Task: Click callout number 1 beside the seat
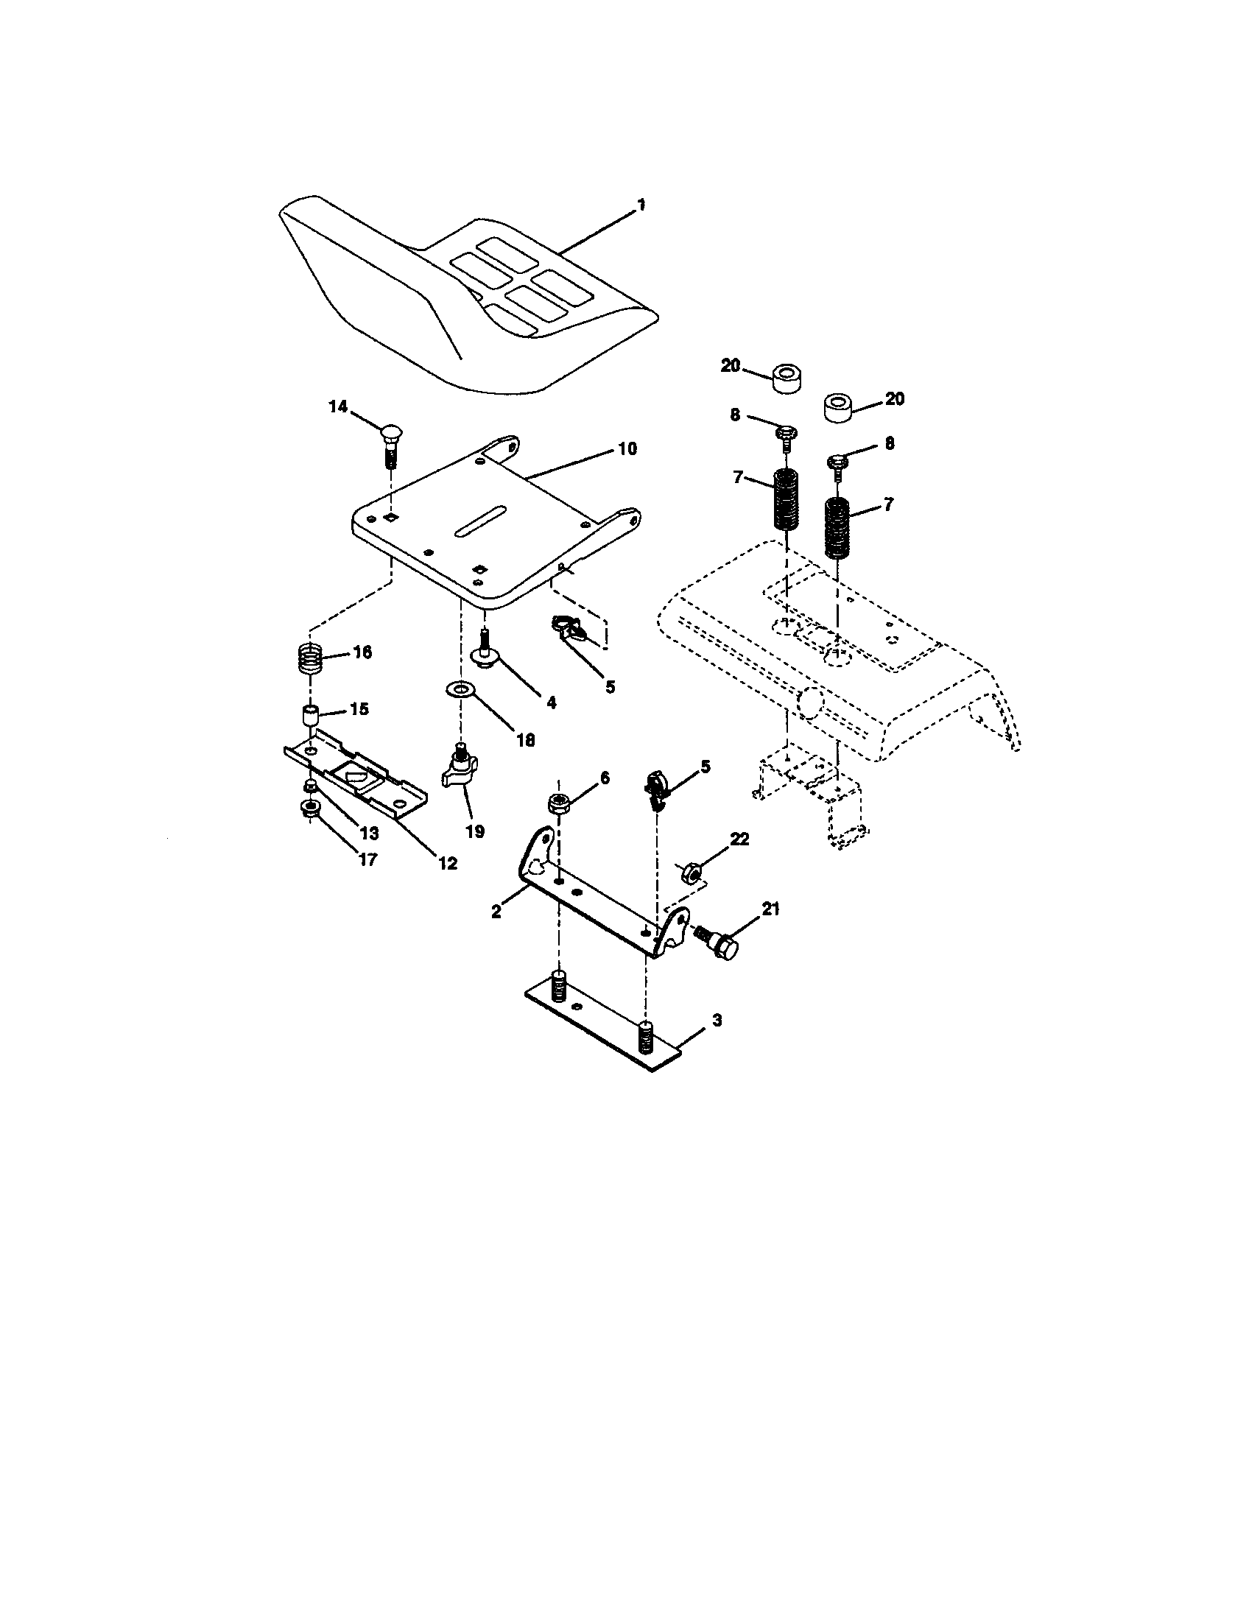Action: [x=641, y=205]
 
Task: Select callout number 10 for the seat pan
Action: [x=627, y=449]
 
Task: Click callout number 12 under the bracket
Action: [x=447, y=863]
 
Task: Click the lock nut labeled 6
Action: [x=557, y=803]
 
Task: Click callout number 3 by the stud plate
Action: [x=716, y=1020]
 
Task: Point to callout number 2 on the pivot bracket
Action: [x=496, y=911]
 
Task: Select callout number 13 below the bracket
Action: [x=368, y=832]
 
